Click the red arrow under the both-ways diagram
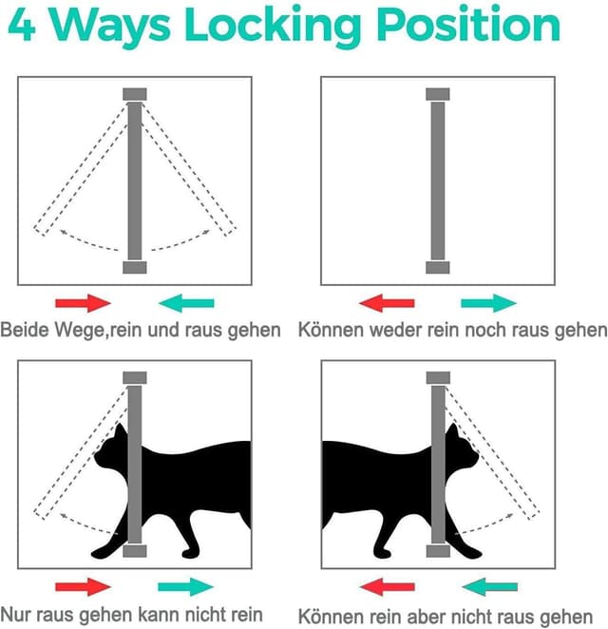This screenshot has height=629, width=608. click(x=83, y=303)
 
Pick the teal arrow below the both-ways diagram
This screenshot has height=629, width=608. click(x=186, y=303)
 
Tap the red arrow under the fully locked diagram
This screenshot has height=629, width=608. click(x=387, y=303)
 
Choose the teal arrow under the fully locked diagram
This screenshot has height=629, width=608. click(x=489, y=303)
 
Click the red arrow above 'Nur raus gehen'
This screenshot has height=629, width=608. click(x=83, y=586)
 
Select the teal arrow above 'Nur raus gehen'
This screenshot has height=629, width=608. click(x=186, y=586)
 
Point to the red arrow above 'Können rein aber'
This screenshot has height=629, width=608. click(x=387, y=586)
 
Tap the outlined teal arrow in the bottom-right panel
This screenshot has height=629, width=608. click(x=489, y=586)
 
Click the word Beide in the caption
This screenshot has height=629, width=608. click(x=24, y=330)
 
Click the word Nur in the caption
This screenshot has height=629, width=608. click(x=16, y=614)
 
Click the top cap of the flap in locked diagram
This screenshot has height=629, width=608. click(x=437, y=94)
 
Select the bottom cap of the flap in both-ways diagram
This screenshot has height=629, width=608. click(x=134, y=268)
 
